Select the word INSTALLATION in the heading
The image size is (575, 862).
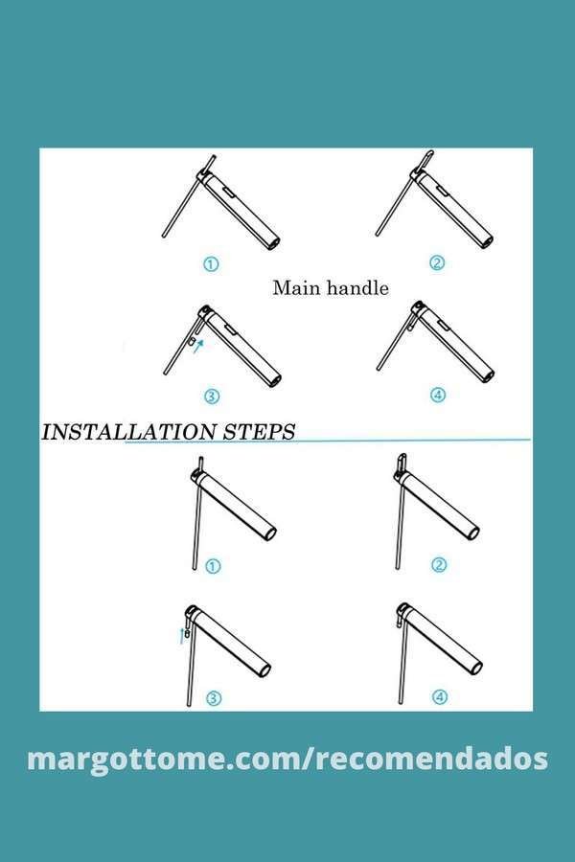click(x=128, y=432)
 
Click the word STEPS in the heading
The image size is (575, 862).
click(x=259, y=432)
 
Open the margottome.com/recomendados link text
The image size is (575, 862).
click(x=287, y=759)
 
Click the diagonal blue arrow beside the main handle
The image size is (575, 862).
click(x=199, y=345)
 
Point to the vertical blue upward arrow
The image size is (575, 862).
click(x=181, y=636)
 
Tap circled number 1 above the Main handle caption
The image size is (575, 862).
click(x=211, y=264)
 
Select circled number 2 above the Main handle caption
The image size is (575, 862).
click(x=437, y=263)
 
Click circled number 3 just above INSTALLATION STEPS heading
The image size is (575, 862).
click(x=212, y=396)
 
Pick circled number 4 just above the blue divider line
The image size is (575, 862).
click(x=438, y=395)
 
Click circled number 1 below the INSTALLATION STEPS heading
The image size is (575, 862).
click(x=213, y=566)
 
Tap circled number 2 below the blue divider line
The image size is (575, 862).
click(x=439, y=564)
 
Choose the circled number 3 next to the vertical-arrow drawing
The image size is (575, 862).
click(x=214, y=699)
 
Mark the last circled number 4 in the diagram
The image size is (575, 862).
click(x=439, y=697)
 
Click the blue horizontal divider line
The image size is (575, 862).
click(x=328, y=441)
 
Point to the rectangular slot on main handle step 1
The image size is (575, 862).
click(x=229, y=192)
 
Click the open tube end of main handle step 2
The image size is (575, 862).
click(x=487, y=240)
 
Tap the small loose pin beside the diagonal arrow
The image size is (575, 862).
click(x=191, y=342)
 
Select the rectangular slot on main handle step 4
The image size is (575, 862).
click(x=443, y=326)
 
